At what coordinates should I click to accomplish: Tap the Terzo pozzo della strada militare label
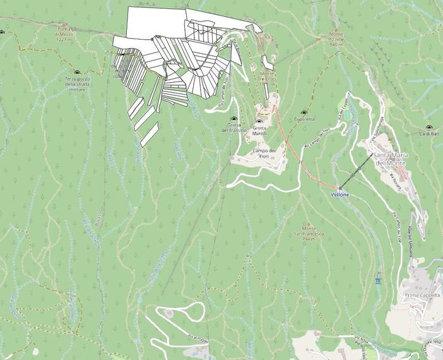[78, 84]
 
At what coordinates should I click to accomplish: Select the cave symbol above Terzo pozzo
[78, 73]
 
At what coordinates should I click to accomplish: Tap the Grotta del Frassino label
[233, 128]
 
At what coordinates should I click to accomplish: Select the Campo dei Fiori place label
[264, 153]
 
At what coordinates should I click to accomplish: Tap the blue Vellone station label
[340, 195]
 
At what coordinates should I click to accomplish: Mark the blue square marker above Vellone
[340, 188]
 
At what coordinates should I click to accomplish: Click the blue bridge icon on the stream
[378, 280]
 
